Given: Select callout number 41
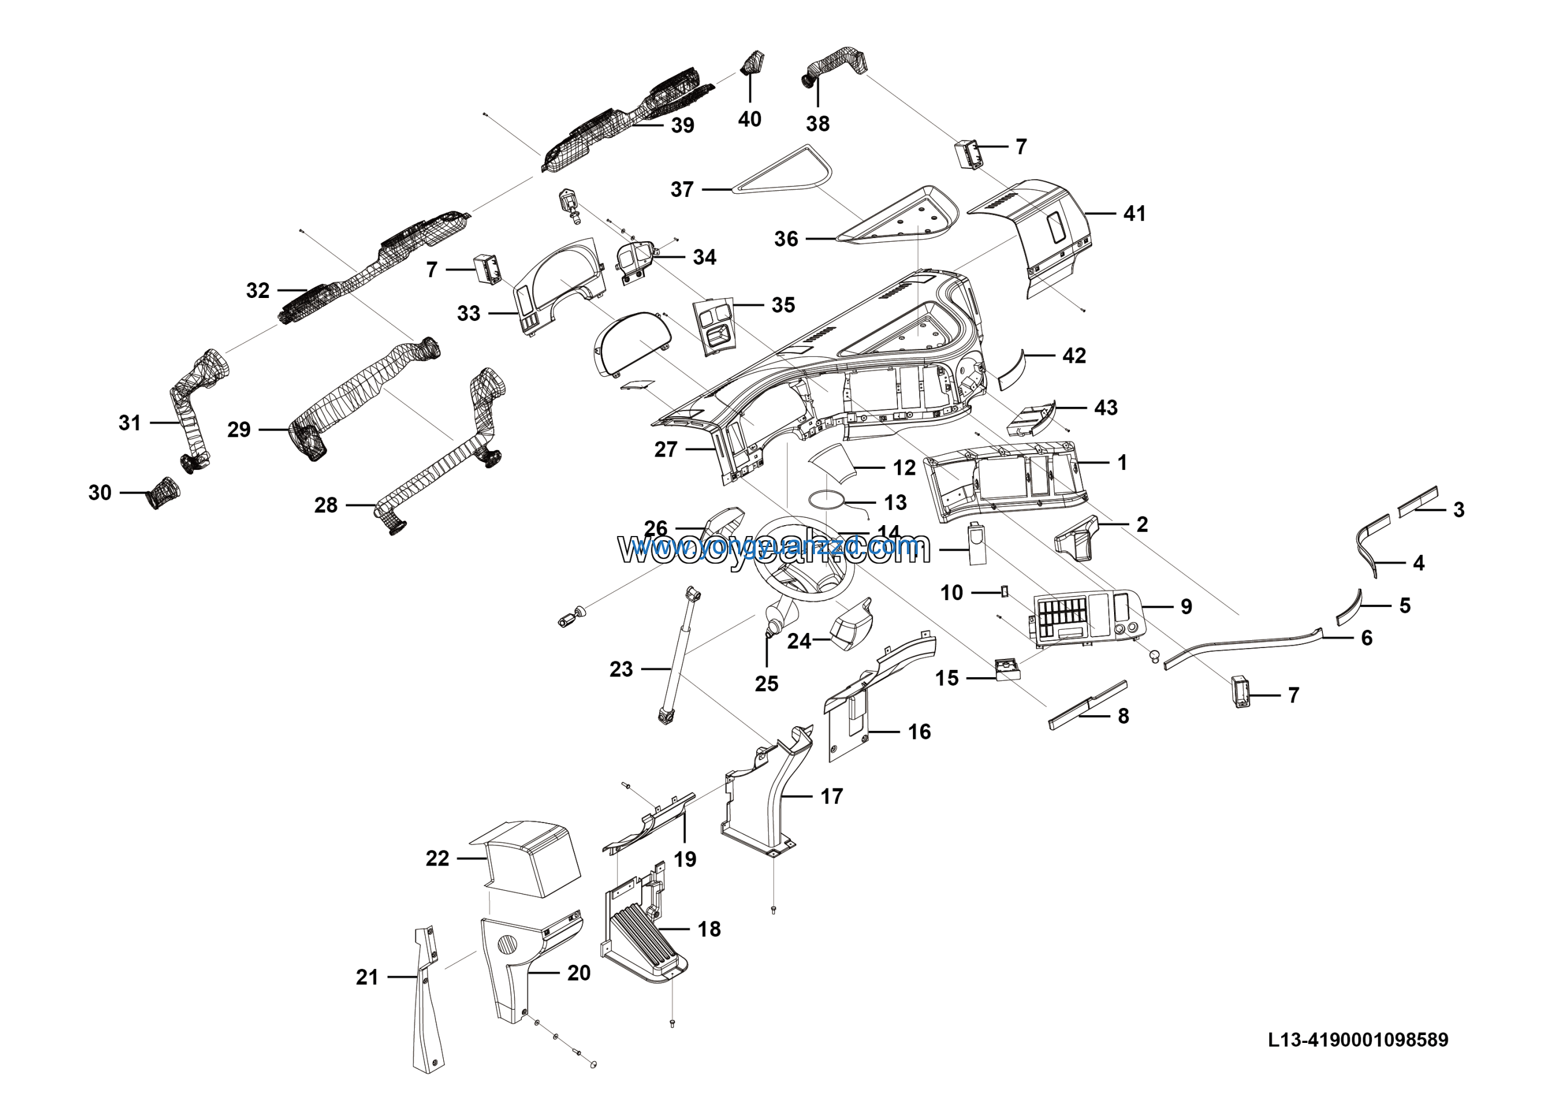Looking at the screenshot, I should tap(1134, 214).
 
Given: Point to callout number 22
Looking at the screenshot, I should tap(437, 858).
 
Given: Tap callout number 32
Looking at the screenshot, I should tap(257, 290).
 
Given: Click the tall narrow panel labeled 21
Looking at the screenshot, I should tap(427, 999).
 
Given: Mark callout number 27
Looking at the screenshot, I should tap(665, 449).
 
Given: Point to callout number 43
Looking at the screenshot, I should tap(1105, 408).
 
